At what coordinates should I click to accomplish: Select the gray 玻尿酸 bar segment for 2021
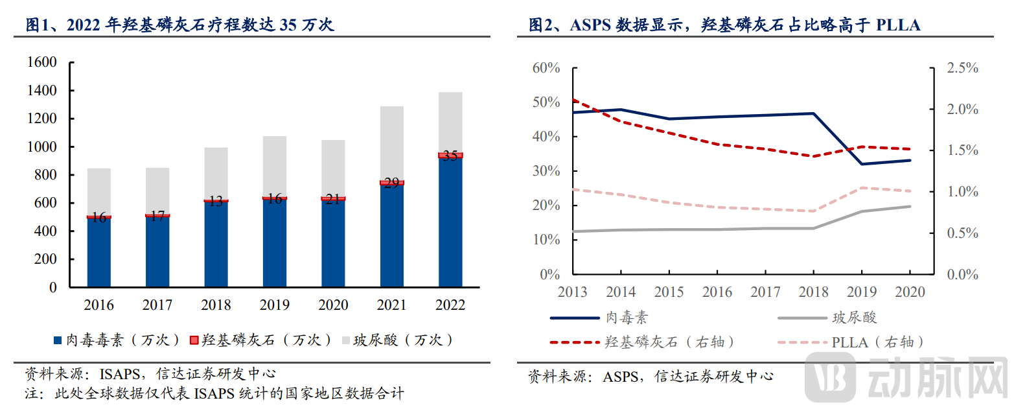tap(392, 143)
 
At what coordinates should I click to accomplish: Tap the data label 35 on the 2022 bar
tap(450, 156)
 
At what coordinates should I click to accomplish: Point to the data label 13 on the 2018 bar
tap(216, 201)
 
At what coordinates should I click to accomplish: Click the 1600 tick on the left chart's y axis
tap(42, 62)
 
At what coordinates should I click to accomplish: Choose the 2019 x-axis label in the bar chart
tap(275, 305)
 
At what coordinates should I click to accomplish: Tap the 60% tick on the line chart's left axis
tap(546, 68)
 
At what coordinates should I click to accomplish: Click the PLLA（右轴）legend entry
tap(877, 342)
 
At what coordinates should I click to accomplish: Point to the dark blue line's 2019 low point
tap(862, 164)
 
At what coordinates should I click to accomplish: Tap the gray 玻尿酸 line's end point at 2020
tap(910, 206)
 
